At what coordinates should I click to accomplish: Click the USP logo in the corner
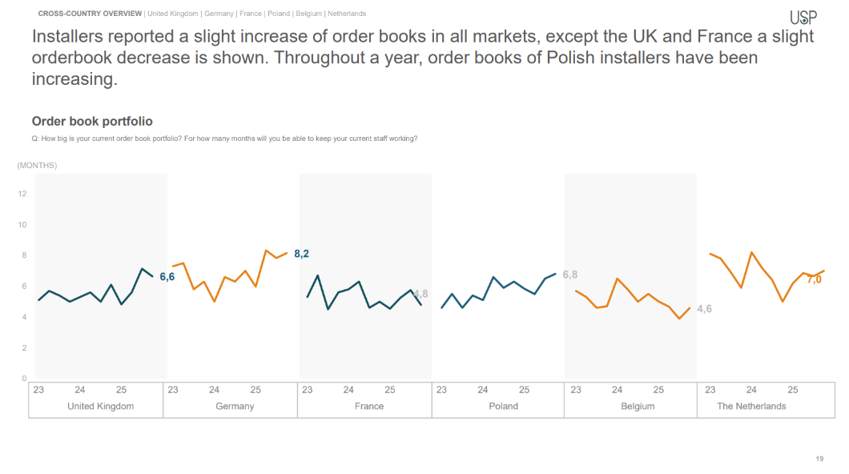pos(803,17)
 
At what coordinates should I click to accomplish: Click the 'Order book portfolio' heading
pos(92,121)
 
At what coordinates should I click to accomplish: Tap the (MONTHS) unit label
pos(37,166)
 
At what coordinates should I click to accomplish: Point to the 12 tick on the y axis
pos(22,193)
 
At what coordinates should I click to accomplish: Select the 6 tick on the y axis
pos(24,286)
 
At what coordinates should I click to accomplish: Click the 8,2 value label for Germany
pos(302,254)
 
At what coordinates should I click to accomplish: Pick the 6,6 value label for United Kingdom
pos(167,276)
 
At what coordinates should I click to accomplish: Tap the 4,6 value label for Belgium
pos(704,308)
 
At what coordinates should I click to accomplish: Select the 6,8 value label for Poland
pos(569,275)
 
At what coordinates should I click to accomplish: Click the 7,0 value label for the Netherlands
pos(814,279)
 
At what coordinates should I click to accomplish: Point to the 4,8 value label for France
pos(421,294)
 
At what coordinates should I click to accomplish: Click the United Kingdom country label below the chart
pos(101,406)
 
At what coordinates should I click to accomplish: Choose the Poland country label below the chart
pos(503,406)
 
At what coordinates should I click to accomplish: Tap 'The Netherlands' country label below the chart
pos(751,406)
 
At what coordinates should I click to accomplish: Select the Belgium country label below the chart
pos(638,406)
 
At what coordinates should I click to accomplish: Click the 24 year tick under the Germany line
pos(214,390)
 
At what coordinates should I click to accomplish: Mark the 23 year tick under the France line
pos(307,390)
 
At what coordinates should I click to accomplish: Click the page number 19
pos(819,459)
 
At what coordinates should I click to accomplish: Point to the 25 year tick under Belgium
pos(658,390)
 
